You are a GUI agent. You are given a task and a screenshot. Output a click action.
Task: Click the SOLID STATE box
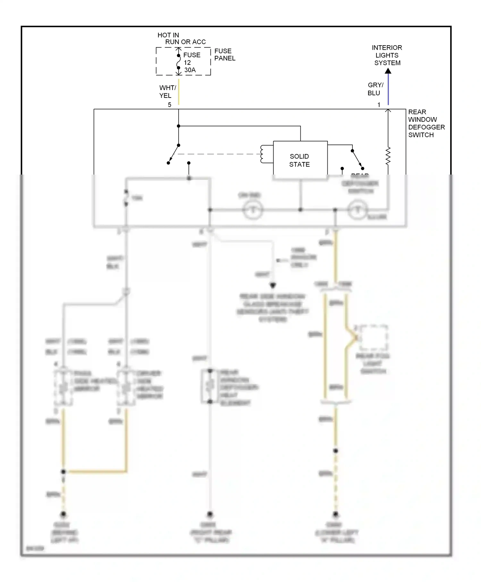pyautogui.click(x=300, y=160)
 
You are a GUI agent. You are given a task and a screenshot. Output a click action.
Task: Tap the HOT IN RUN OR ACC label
pyautogui.click(x=181, y=39)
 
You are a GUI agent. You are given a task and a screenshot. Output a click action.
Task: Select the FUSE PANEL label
pyautogui.click(x=224, y=55)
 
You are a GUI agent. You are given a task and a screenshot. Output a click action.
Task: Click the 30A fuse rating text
pyautogui.click(x=190, y=70)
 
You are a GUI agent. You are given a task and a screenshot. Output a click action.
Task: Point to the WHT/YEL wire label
pyautogui.click(x=167, y=91)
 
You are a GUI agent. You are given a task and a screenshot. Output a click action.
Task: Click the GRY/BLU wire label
pyautogui.click(x=375, y=89)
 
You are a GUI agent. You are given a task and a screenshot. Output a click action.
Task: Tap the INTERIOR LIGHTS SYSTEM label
pyautogui.click(x=387, y=55)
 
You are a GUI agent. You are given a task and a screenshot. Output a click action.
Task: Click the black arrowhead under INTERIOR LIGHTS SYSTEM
pyautogui.click(x=388, y=71)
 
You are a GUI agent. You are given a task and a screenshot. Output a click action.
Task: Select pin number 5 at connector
pyautogui.click(x=170, y=105)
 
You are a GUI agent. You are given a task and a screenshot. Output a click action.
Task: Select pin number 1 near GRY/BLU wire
pyautogui.click(x=379, y=105)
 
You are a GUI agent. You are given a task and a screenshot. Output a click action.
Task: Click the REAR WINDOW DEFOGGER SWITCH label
pyautogui.click(x=426, y=124)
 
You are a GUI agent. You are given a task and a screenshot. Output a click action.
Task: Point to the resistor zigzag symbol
pyautogui.click(x=388, y=156)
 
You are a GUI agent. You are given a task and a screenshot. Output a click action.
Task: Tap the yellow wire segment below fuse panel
pyautogui.click(x=179, y=92)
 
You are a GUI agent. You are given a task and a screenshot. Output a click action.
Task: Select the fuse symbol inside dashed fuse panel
pyautogui.click(x=179, y=62)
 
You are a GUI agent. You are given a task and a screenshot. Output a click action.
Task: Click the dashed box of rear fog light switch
pyautogui.click(x=374, y=338)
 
